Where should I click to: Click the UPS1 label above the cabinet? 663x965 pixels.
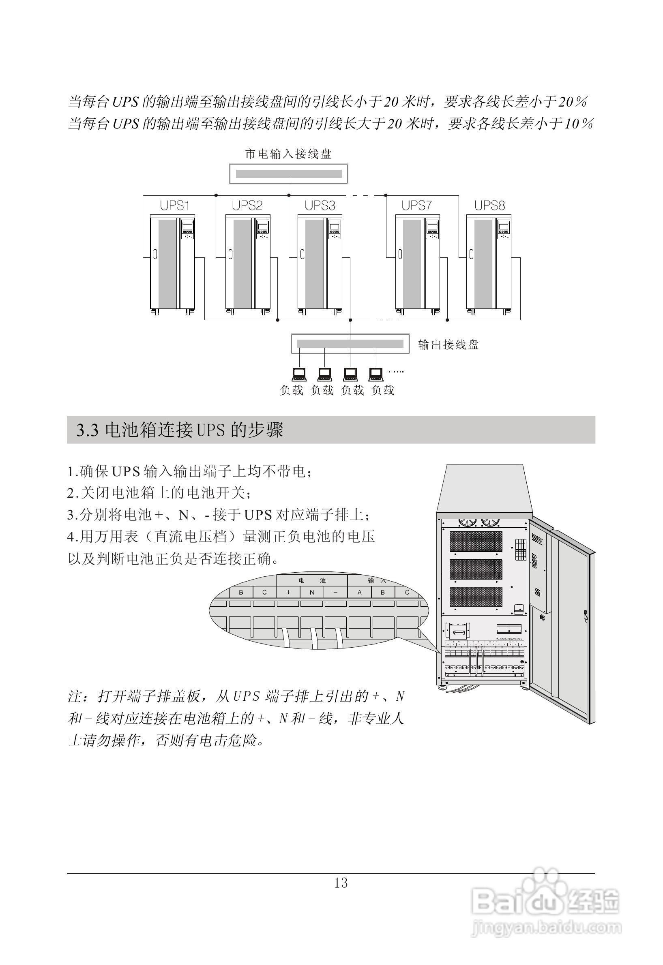(x=175, y=205)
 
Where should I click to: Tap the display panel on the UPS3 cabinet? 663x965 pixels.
(x=335, y=227)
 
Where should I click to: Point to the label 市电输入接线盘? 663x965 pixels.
(x=288, y=154)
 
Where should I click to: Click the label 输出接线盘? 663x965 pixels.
(x=448, y=344)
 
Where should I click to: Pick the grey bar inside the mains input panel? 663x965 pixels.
(x=289, y=173)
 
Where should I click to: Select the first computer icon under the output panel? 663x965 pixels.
(x=299, y=374)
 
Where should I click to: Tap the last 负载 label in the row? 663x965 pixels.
(x=383, y=390)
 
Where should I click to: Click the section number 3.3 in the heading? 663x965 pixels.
(x=87, y=430)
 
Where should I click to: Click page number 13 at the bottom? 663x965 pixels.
(x=341, y=883)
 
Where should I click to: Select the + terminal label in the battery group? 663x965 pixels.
(x=288, y=593)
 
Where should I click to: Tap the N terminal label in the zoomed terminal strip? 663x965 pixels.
(x=312, y=593)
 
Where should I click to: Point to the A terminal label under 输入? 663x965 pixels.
(x=359, y=593)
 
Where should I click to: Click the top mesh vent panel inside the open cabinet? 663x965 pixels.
(x=476, y=542)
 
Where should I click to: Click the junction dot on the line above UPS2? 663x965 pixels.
(x=216, y=195)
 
